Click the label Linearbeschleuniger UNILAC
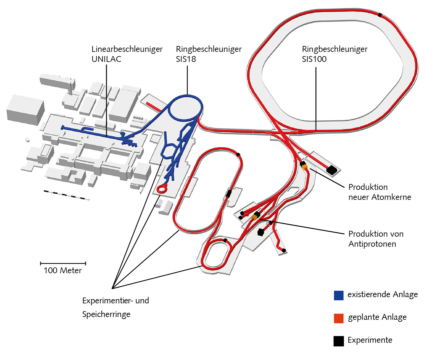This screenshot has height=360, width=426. point(127,54)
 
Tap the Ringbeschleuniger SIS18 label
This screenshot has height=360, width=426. point(209,54)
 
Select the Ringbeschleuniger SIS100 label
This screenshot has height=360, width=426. point(335,54)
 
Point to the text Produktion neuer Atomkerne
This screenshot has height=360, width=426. point(380,192)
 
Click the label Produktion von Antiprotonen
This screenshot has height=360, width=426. point(376,239)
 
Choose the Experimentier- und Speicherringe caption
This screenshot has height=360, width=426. point(115,307)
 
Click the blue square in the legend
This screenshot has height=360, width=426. point(339,295)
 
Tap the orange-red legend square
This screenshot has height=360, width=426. point(339,318)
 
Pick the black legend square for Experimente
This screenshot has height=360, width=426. point(339,341)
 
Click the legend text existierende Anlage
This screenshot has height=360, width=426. point(383,295)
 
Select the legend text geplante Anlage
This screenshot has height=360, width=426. point(377,317)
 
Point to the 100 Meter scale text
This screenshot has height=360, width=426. point(63,270)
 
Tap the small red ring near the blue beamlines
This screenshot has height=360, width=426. point(162,189)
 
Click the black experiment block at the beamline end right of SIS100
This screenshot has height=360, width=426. point(332,170)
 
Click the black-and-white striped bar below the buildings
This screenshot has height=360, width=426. point(66,195)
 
